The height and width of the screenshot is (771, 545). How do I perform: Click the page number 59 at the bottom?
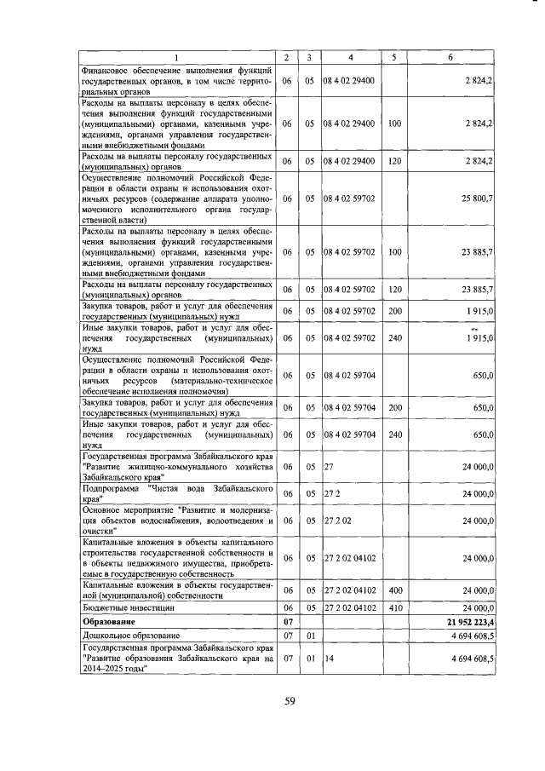(x=289, y=701)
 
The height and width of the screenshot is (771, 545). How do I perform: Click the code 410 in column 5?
(x=393, y=608)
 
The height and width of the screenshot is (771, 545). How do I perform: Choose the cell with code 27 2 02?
(x=337, y=519)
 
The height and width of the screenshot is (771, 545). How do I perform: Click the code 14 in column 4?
(x=329, y=658)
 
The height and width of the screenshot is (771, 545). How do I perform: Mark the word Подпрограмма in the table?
(x=112, y=489)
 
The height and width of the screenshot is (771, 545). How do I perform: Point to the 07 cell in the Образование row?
(x=287, y=623)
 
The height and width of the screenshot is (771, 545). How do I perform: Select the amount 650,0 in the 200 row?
(x=484, y=407)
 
